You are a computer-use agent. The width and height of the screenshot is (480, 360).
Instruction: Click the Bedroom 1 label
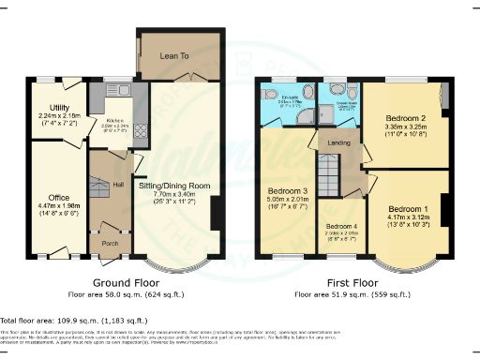pos(410,208)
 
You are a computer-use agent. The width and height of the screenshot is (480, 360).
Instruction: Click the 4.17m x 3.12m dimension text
pos(410,217)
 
